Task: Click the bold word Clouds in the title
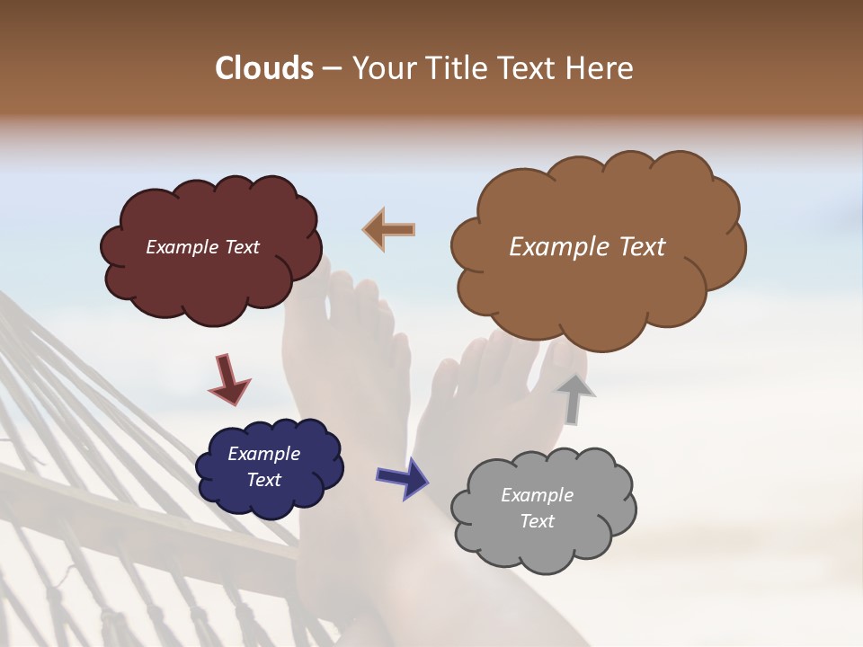point(264,68)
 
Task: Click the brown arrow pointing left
point(389,229)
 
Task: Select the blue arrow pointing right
point(402,477)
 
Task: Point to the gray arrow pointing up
point(574,398)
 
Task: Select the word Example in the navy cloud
point(263,454)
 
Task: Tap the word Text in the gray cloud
point(537,521)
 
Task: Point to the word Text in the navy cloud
point(263,480)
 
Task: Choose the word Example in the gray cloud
point(537,495)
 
